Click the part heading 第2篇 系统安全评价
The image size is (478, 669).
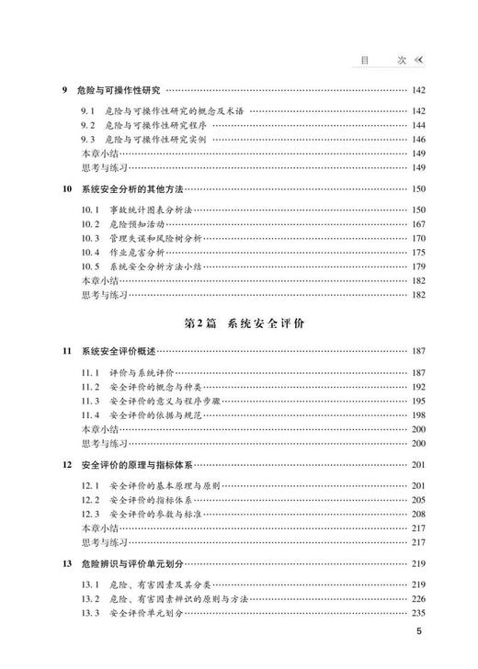coord(239,324)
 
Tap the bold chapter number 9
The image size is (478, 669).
coord(63,90)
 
